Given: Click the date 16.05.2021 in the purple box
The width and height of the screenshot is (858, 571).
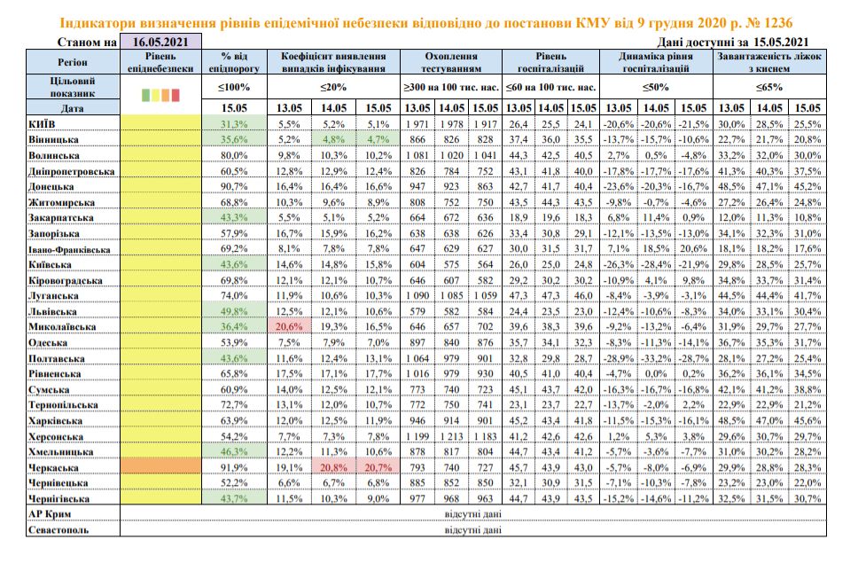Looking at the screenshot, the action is (x=160, y=42).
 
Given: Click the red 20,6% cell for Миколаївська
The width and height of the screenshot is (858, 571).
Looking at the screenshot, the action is (x=289, y=327).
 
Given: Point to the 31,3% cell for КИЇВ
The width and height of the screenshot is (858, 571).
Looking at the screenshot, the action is (x=234, y=124).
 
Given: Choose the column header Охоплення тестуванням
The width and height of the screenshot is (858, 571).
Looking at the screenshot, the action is (x=451, y=62).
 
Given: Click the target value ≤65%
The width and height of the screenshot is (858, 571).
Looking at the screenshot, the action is (x=769, y=87).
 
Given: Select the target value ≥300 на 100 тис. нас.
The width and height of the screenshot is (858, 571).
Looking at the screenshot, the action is (x=451, y=87).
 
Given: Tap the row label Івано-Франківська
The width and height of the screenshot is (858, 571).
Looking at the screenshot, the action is (x=69, y=250).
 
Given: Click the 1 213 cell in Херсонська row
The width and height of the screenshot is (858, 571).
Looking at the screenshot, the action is (x=451, y=436).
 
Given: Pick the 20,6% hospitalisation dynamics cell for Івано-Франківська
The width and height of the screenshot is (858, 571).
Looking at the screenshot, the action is (x=693, y=248).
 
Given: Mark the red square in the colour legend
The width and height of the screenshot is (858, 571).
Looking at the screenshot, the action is (x=175, y=95).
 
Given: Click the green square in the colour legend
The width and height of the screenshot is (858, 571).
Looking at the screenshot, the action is (x=145, y=95).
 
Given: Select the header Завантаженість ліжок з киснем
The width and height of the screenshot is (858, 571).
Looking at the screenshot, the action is (x=769, y=62).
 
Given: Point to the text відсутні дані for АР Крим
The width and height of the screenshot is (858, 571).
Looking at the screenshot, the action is (x=472, y=514).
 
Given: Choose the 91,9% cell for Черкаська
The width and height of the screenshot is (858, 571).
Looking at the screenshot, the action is (x=234, y=467).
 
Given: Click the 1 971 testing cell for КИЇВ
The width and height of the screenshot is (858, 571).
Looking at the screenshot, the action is (x=417, y=124).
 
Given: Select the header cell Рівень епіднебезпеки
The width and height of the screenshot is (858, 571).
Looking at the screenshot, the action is (x=160, y=62).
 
